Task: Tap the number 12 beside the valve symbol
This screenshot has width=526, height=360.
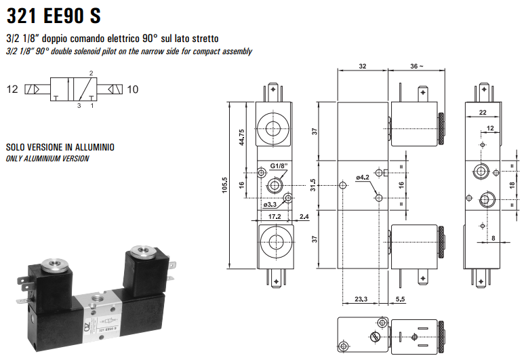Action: click(x=12, y=89)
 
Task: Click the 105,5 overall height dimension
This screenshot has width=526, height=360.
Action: click(x=225, y=185)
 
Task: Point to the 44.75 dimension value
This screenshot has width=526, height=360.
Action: click(x=242, y=136)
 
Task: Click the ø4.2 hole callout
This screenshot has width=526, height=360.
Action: click(x=362, y=178)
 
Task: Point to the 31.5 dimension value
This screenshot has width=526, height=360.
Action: click(x=312, y=185)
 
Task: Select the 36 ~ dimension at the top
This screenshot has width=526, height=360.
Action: click(x=416, y=66)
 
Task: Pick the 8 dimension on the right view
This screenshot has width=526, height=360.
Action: click(x=493, y=237)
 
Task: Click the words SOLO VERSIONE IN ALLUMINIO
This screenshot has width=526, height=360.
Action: click(x=60, y=147)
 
